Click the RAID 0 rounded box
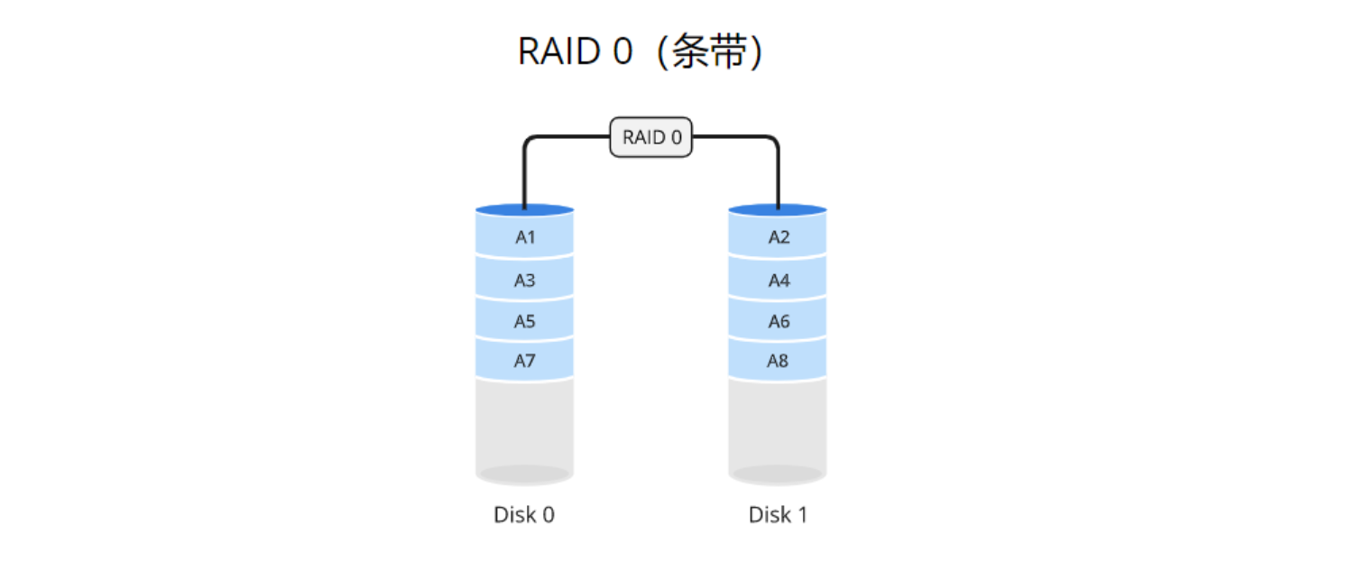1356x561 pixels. click(651, 138)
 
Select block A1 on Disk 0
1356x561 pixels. click(525, 238)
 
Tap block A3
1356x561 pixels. click(525, 280)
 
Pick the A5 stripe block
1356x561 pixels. click(525, 321)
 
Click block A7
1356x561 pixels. click(525, 362)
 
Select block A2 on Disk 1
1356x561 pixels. click(779, 238)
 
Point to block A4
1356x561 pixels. click(779, 280)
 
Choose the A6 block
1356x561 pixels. click(779, 321)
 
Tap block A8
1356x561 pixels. click(779, 362)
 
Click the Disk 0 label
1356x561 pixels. click(524, 515)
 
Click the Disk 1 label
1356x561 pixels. click(778, 515)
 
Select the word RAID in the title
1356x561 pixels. click(559, 52)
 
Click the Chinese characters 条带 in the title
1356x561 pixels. click(710, 53)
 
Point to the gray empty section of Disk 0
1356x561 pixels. click(525, 424)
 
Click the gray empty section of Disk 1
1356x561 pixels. click(779, 424)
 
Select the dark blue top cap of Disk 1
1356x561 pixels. click(803, 210)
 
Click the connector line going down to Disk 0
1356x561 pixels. click(524, 176)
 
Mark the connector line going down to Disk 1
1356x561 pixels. click(778, 176)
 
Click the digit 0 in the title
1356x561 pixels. click(623, 52)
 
